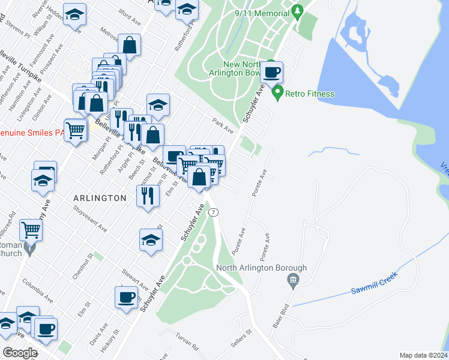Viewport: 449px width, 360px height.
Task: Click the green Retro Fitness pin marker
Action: coord(277,93)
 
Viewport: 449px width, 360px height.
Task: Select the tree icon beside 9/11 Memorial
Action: coord(297,11)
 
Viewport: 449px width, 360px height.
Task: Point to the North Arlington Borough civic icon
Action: coord(293,280)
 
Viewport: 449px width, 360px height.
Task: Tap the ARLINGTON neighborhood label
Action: coord(100,197)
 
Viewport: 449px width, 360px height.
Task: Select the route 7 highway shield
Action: coord(214,212)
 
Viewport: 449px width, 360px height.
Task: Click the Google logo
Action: coord(20,353)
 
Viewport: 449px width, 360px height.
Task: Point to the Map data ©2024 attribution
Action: coord(423,355)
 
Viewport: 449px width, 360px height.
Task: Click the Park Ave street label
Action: coord(223,125)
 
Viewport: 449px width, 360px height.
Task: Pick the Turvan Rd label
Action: coord(187,342)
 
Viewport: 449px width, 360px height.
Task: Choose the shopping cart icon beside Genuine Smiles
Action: coord(76,128)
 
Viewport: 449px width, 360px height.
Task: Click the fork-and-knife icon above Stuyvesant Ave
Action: coord(146,195)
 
